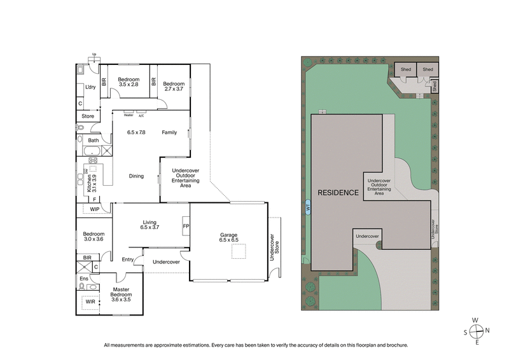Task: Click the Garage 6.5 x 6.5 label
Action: tap(228, 238)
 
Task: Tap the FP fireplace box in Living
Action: tap(186, 226)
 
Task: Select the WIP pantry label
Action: tap(94, 209)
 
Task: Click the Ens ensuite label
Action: tap(83, 279)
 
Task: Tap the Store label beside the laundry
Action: tap(88, 116)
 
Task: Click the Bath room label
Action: tap(94, 140)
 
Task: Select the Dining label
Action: tap(136, 176)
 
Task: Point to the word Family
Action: tap(169, 132)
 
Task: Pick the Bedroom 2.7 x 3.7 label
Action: tap(173, 86)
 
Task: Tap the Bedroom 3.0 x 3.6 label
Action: tap(94, 235)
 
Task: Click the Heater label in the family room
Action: tap(129, 115)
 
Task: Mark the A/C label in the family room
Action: tap(141, 115)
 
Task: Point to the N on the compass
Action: tap(487, 330)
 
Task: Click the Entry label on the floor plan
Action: tap(128, 259)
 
